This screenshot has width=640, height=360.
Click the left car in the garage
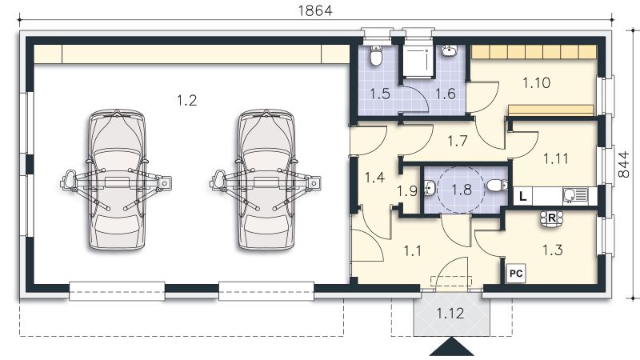coord(117,182)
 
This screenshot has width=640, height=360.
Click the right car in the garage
coord(265,182)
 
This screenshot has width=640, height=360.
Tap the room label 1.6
coord(445,94)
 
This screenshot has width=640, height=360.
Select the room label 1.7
coord(458,142)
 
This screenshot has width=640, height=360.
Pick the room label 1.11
coord(555,158)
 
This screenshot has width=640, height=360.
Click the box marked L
coord(522,194)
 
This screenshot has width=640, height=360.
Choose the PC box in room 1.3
coord(516,272)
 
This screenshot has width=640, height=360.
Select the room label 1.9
coord(407,191)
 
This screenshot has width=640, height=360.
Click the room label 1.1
coord(412,250)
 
